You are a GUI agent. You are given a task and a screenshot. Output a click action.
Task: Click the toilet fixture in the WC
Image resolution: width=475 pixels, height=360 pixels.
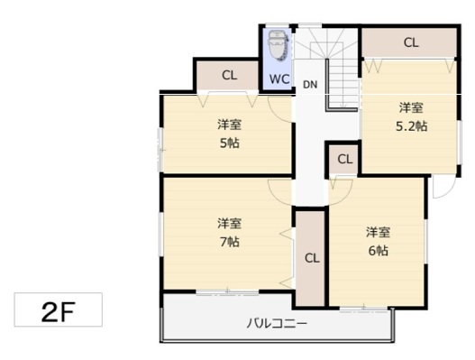pos(278,45)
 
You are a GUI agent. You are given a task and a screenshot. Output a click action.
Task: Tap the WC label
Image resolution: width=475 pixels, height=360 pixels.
pos(279,79)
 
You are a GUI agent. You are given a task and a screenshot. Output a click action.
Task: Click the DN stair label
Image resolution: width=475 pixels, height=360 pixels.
pos(310,85)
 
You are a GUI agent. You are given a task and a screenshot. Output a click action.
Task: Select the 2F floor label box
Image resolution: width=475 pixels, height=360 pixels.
pos(59,309)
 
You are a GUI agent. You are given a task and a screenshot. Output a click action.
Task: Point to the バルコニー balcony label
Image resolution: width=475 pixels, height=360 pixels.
pos(277,324)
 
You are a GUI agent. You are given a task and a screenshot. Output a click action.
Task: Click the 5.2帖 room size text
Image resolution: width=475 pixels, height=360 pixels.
pos(411,125)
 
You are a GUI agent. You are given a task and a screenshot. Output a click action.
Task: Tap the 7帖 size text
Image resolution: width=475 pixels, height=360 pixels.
pos(229,242)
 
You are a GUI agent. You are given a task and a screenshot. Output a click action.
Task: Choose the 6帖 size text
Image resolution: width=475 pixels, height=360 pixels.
pos(378,251)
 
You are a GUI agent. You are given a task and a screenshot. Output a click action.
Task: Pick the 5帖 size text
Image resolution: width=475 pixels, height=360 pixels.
pos(229,143)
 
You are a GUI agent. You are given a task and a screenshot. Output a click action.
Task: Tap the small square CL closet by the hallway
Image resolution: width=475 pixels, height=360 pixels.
pos(343,159)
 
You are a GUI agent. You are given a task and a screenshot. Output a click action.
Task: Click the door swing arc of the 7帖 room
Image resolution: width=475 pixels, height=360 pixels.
pos(275,197)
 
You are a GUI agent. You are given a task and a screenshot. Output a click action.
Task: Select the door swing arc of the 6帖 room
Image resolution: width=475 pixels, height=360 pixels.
pos(346,197)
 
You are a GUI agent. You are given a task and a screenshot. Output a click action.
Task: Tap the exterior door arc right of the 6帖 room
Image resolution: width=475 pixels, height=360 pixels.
pos(449,193)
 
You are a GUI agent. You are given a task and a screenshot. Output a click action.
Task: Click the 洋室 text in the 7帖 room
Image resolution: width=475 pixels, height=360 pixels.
pos(229,224)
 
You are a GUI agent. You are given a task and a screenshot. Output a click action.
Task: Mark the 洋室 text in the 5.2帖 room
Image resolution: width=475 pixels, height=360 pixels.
pos(411,107)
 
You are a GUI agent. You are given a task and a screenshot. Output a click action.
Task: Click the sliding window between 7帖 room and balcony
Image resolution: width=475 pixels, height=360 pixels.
pos(227,292)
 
